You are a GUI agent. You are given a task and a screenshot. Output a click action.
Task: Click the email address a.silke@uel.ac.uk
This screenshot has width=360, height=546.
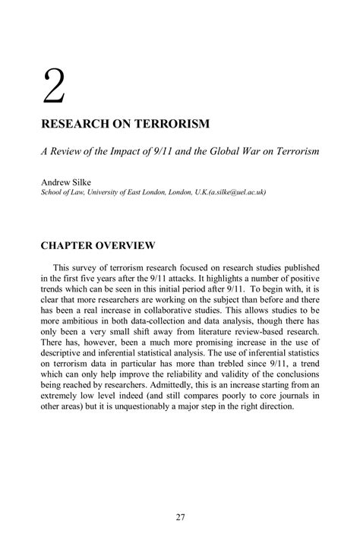[227, 192]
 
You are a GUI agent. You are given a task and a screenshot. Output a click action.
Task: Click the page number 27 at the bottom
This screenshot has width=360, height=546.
[180, 518]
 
